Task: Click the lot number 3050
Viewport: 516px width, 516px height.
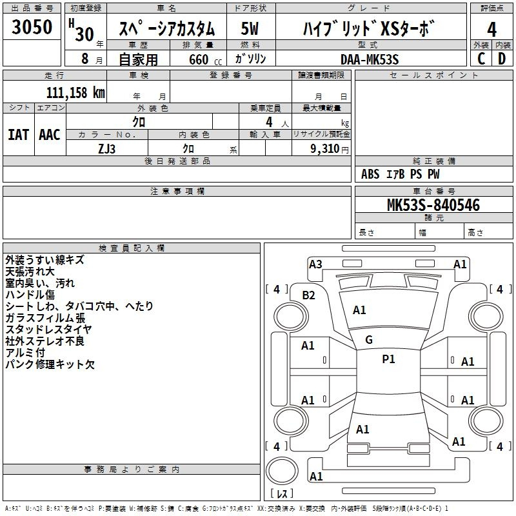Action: click(32, 27)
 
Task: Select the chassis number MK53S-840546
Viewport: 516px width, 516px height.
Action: click(433, 206)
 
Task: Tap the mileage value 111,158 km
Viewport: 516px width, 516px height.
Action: click(75, 92)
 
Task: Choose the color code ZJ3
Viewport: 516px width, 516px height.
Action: click(107, 148)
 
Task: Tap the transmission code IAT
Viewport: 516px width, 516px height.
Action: click(18, 134)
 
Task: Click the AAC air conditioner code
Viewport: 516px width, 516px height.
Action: click(50, 134)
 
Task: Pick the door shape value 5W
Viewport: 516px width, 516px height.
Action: click(250, 28)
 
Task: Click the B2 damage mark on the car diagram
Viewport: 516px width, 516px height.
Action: click(309, 295)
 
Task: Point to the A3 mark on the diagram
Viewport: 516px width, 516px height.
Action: click(315, 264)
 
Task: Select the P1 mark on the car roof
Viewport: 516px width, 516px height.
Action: click(388, 359)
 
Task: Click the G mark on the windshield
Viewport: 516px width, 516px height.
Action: click(369, 340)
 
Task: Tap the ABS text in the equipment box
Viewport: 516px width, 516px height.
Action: click(370, 174)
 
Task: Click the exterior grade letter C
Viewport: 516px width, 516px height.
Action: click(481, 59)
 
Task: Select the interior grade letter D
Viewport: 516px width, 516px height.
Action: click(502, 59)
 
